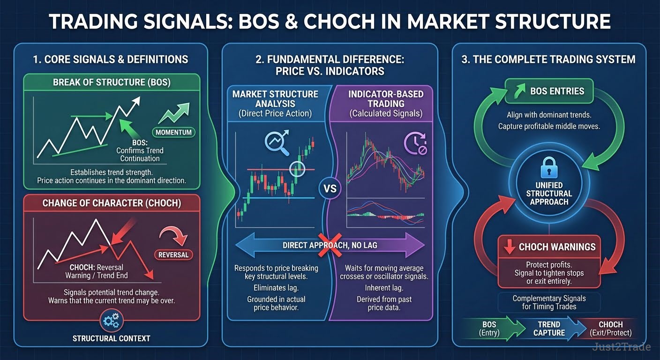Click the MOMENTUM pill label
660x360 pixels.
tap(173, 132)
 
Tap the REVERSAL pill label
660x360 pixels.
tap(173, 255)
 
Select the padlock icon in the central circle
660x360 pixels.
tap(548, 168)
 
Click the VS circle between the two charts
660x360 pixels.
tap(330, 188)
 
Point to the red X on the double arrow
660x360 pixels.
tap(330, 245)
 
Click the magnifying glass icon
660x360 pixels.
tap(277, 142)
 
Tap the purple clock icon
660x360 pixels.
tap(415, 143)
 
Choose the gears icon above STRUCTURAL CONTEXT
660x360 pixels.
tap(112, 321)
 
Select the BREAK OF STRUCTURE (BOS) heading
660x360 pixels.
tap(112, 82)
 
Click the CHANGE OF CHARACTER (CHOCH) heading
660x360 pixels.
tap(112, 203)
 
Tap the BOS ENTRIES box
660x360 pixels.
tap(549, 91)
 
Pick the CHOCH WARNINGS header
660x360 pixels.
tap(549, 247)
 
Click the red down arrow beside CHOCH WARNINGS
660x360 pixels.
tap(509, 247)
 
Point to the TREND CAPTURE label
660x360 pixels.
tap(549, 329)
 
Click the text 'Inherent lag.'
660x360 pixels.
tap(384, 288)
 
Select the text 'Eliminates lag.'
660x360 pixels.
tap(276, 288)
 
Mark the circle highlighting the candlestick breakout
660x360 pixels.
tap(297, 169)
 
